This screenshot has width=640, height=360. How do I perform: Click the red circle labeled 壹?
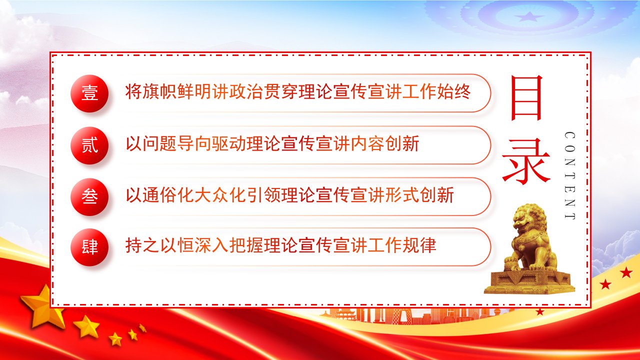(x=89, y=93)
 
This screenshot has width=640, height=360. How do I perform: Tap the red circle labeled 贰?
(x=89, y=145)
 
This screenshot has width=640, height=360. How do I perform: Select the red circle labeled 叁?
(x=89, y=196)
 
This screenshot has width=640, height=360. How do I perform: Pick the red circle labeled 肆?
(x=89, y=247)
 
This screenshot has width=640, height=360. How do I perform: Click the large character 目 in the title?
(x=526, y=97)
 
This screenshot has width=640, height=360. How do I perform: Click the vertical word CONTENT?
(x=569, y=175)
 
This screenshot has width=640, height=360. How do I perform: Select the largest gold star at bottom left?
(x=43, y=307)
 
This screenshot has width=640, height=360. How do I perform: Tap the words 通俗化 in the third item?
(x=168, y=195)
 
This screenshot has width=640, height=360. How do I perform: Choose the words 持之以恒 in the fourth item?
(x=159, y=245)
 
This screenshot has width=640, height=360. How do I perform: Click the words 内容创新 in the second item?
(x=385, y=143)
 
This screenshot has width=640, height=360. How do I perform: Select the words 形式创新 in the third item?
(x=419, y=195)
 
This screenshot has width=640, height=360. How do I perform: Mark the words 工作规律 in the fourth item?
(x=402, y=245)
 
